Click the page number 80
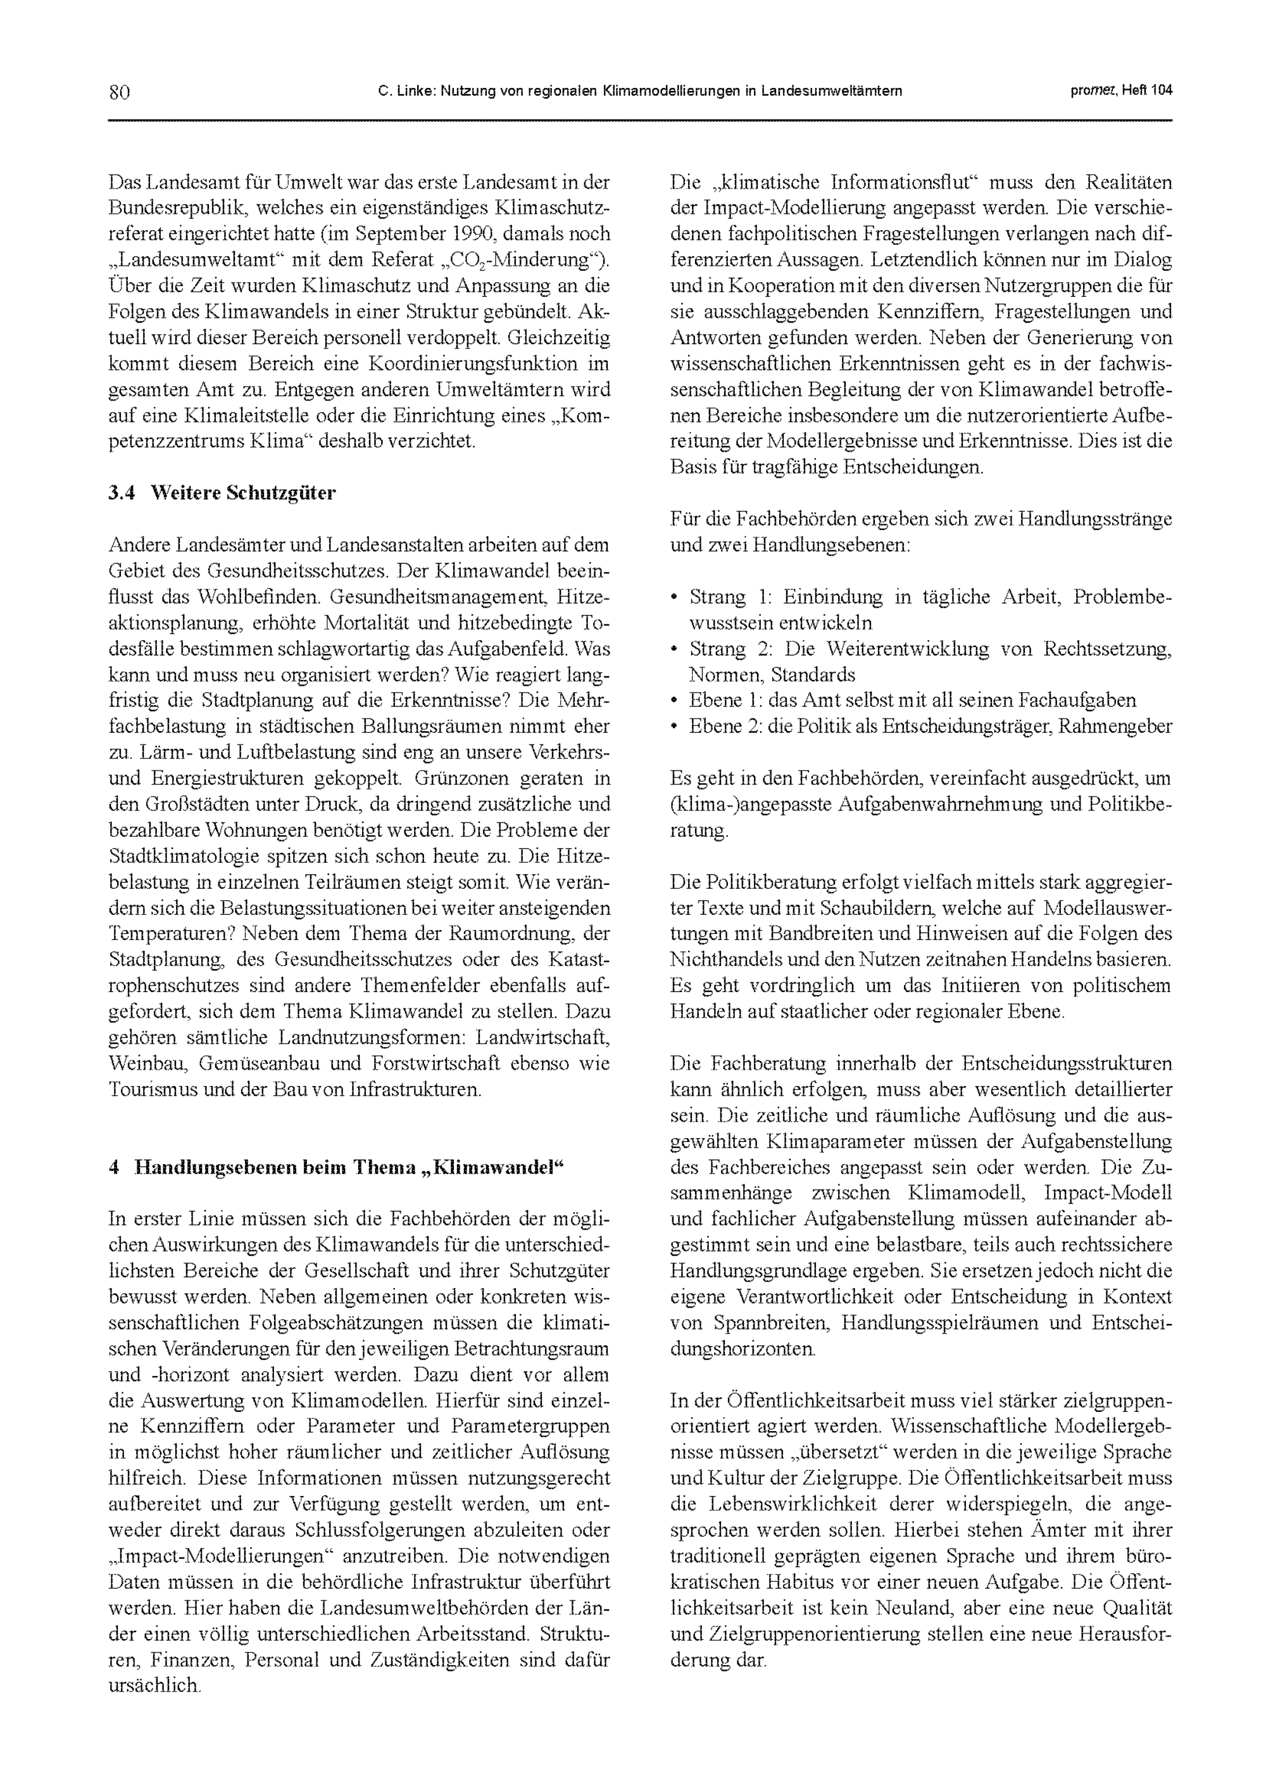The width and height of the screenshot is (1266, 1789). pos(119,92)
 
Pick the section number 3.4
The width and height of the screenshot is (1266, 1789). pos(122,493)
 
